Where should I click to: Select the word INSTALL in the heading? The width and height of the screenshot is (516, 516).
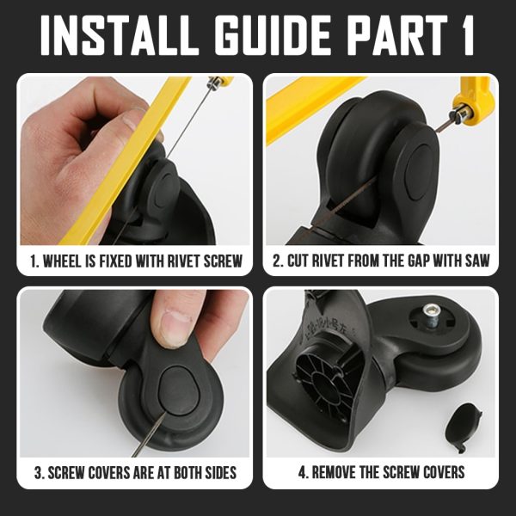point(120,35)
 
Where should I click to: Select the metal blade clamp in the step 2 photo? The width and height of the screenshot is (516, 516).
point(463,112)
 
